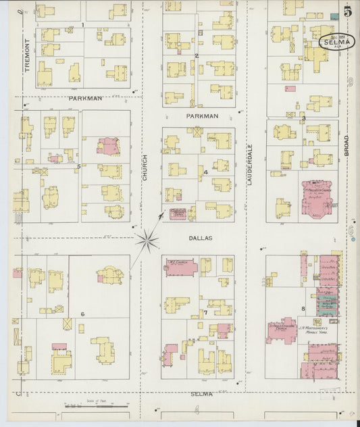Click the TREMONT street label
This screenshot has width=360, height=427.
pyautogui.click(x=28, y=53)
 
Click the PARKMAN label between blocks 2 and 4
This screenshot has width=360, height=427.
pyautogui.click(x=202, y=116)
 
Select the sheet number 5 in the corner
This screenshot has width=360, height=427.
pyautogui.click(x=346, y=11)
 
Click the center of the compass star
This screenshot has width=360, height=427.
pyautogui.click(x=147, y=240)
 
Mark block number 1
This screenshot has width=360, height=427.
pyautogui.click(x=82, y=25)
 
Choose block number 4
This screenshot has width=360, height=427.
pyautogui.click(x=205, y=172)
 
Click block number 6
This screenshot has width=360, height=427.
pyautogui.click(x=82, y=314)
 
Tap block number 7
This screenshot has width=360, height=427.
pyautogui.click(x=205, y=313)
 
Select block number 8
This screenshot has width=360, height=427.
pyautogui.click(x=303, y=309)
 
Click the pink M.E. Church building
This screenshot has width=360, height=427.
pyautogui.click(x=181, y=266)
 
